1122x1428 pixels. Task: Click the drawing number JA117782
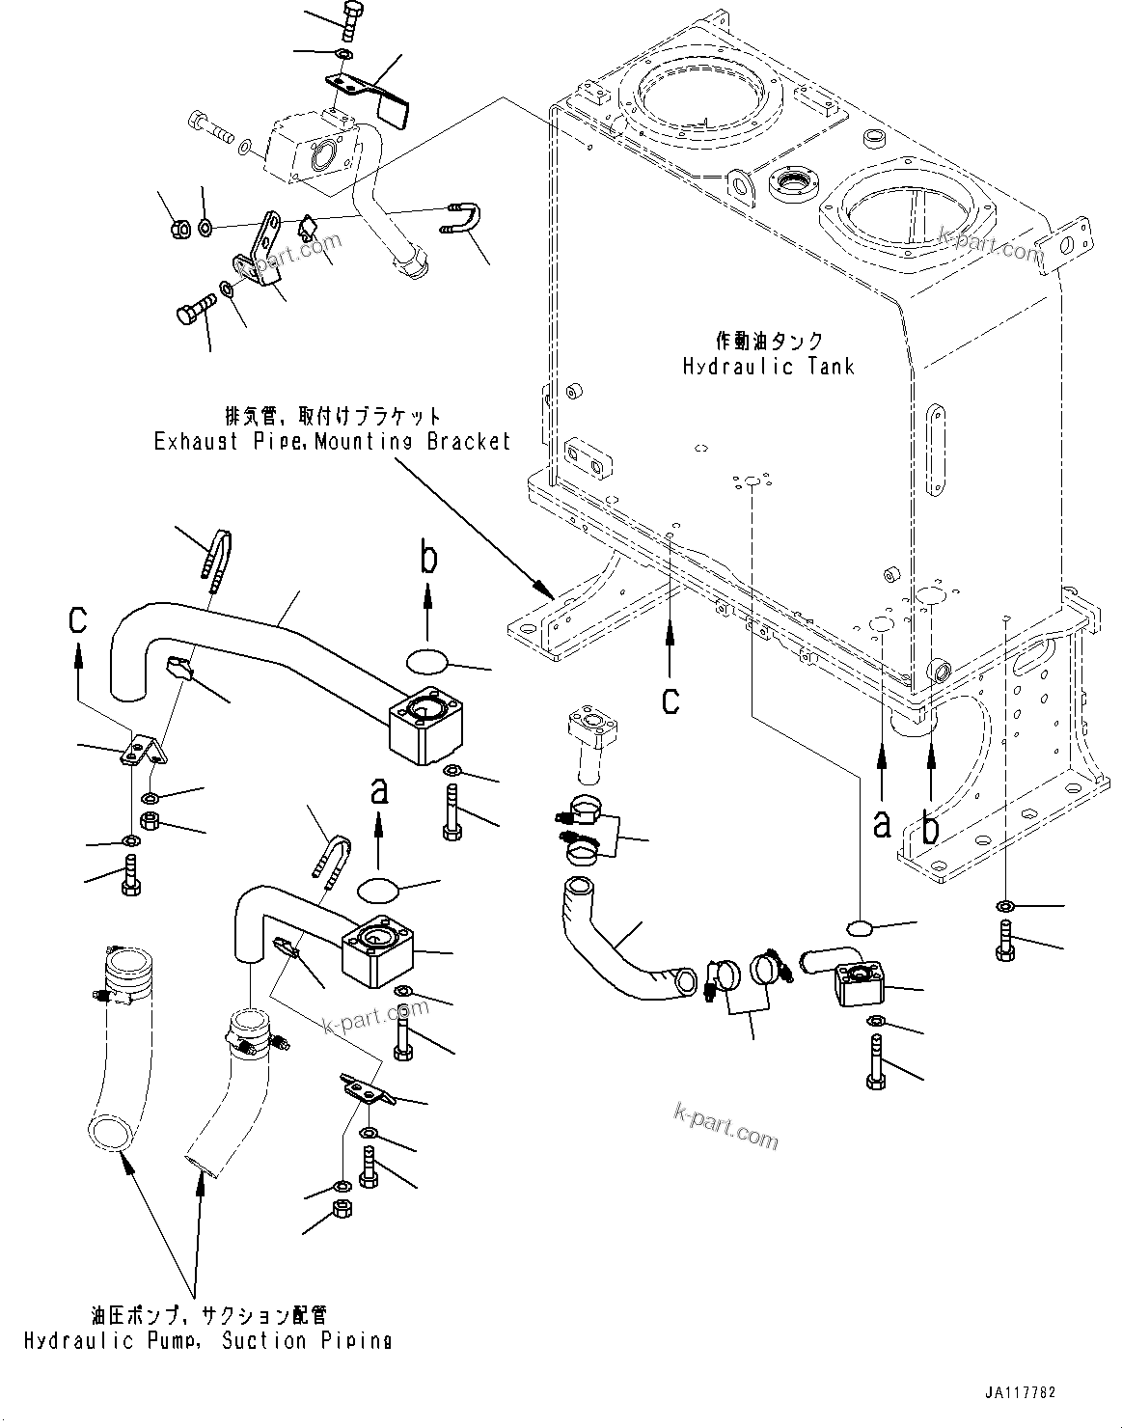pyautogui.click(x=1021, y=1393)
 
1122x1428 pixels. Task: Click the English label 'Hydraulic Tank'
pyautogui.click(x=769, y=367)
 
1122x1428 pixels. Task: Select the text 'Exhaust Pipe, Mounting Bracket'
pyautogui.click(x=332, y=442)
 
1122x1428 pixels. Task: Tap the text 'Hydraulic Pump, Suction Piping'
pyautogui.click(x=207, y=1340)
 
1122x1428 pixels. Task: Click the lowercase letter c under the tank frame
pyautogui.click(x=670, y=700)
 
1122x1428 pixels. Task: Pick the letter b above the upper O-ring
pyautogui.click(x=429, y=559)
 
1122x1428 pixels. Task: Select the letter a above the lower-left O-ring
pyautogui.click(x=379, y=792)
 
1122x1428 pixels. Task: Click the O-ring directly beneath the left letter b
pyautogui.click(x=427, y=660)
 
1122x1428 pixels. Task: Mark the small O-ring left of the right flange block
pyautogui.click(x=859, y=928)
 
